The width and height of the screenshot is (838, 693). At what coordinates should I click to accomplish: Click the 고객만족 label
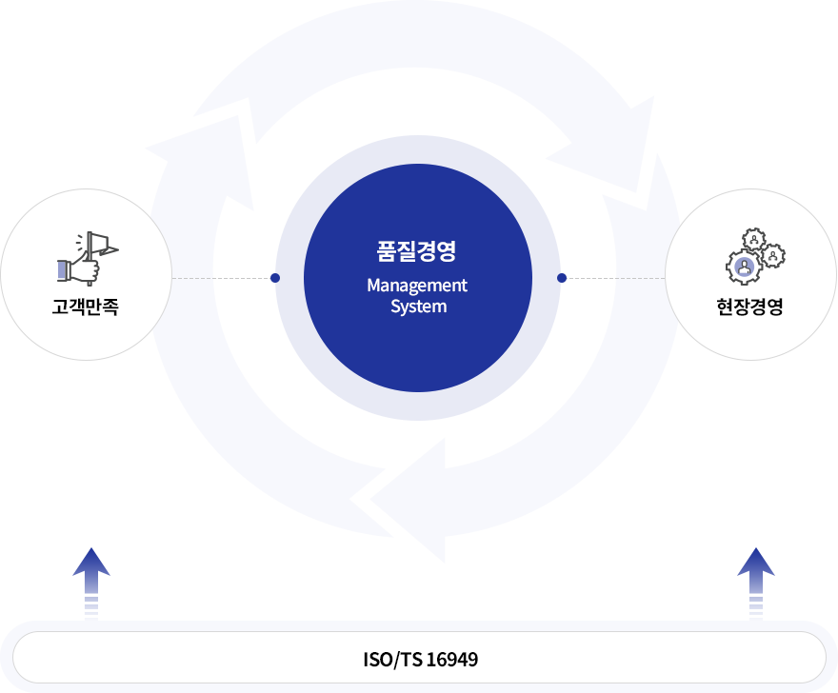click(x=86, y=307)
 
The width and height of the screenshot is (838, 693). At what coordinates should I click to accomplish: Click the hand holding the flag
click(x=80, y=269)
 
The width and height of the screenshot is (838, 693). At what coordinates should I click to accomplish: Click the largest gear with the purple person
click(x=743, y=267)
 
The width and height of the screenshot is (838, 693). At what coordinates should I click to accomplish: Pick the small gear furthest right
click(x=774, y=255)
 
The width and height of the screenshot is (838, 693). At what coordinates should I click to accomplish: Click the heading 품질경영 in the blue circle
click(x=417, y=251)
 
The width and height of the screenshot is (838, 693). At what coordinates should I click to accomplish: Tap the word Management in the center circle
click(x=417, y=286)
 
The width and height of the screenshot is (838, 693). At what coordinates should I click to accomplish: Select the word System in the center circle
click(x=418, y=307)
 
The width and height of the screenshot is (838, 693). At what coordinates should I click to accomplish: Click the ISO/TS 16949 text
click(x=420, y=659)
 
